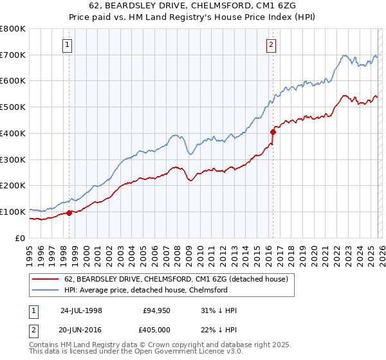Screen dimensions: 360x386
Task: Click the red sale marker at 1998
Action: (69, 213)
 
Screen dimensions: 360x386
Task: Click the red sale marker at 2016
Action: (273, 132)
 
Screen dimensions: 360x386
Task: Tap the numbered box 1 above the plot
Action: (68, 44)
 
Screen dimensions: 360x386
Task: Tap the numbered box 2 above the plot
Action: (271, 44)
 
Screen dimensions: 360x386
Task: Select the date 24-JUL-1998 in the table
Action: (81, 310)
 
